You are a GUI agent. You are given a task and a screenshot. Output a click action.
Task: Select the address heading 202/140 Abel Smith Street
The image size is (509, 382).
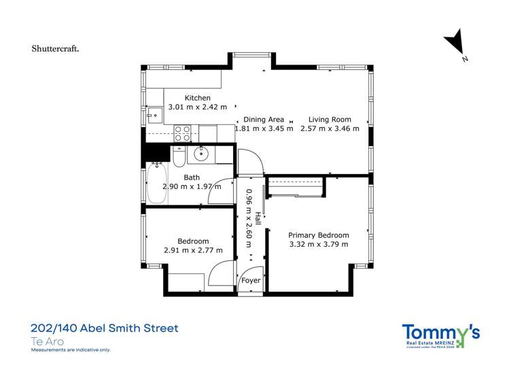[x=105, y=328]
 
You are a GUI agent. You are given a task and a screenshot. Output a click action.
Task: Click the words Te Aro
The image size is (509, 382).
[x=48, y=341]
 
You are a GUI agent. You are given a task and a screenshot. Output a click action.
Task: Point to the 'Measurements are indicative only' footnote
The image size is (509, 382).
[x=71, y=350]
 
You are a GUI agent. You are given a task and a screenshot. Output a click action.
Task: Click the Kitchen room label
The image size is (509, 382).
[x=188, y=98]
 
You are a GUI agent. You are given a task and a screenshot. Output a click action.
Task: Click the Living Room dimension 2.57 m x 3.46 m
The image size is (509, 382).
[x=330, y=128]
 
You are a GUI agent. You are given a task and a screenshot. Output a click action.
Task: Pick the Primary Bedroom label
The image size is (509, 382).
[x=319, y=235]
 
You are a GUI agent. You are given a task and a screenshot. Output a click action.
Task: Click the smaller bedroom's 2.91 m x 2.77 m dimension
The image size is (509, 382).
[x=193, y=249]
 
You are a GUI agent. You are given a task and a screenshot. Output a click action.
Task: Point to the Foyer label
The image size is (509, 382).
[x=251, y=280]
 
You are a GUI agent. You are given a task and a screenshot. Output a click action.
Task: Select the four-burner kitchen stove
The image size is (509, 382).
[x=182, y=133]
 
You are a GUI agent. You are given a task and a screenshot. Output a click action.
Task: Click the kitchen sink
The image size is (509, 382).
[x=155, y=115]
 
